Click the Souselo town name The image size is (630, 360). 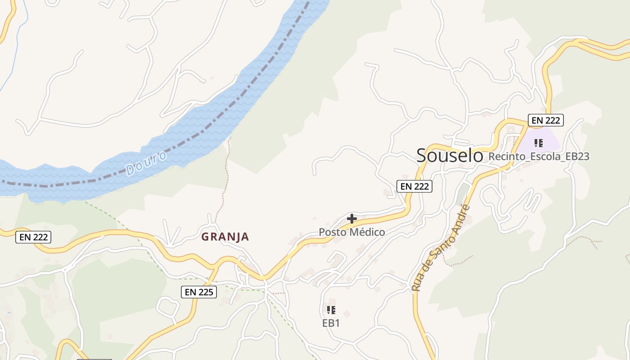click(450, 155)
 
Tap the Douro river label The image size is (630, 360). click(147, 163)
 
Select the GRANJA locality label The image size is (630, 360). click(225, 237)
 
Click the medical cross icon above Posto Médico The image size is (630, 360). click(352, 219)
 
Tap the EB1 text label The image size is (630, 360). click(331, 323)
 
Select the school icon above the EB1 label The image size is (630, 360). click(331, 310)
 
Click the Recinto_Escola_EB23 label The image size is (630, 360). click(539, 157)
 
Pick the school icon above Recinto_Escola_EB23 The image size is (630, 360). click(538, 143)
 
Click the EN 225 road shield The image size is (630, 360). click(199, 292)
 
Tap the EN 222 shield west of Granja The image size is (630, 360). click(33, 237)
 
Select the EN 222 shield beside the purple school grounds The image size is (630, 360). click(545, 120)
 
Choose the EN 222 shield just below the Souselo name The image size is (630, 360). click(414, 186)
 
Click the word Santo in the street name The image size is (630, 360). click(443, 243)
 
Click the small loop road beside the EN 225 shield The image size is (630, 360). click(168, 307)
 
